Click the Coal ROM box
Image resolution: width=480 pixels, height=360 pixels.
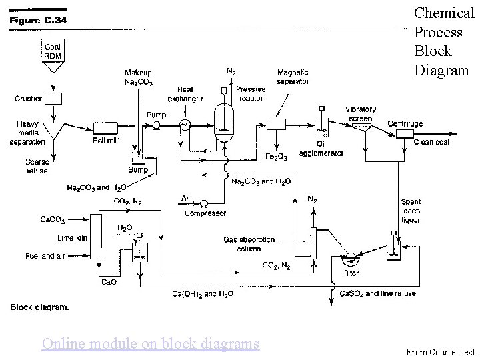[x=53, y=51]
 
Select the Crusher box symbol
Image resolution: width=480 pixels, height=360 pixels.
[x=53, y=99]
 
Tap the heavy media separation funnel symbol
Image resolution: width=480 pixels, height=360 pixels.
[x=53, y=131]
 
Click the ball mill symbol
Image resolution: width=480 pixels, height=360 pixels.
[x=105, y=126]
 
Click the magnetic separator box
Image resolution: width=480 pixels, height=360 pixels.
[x=275, y=125]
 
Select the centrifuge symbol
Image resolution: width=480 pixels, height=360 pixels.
[x=405, y=133]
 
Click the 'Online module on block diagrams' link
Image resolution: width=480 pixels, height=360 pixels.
[x=150, y=343]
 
